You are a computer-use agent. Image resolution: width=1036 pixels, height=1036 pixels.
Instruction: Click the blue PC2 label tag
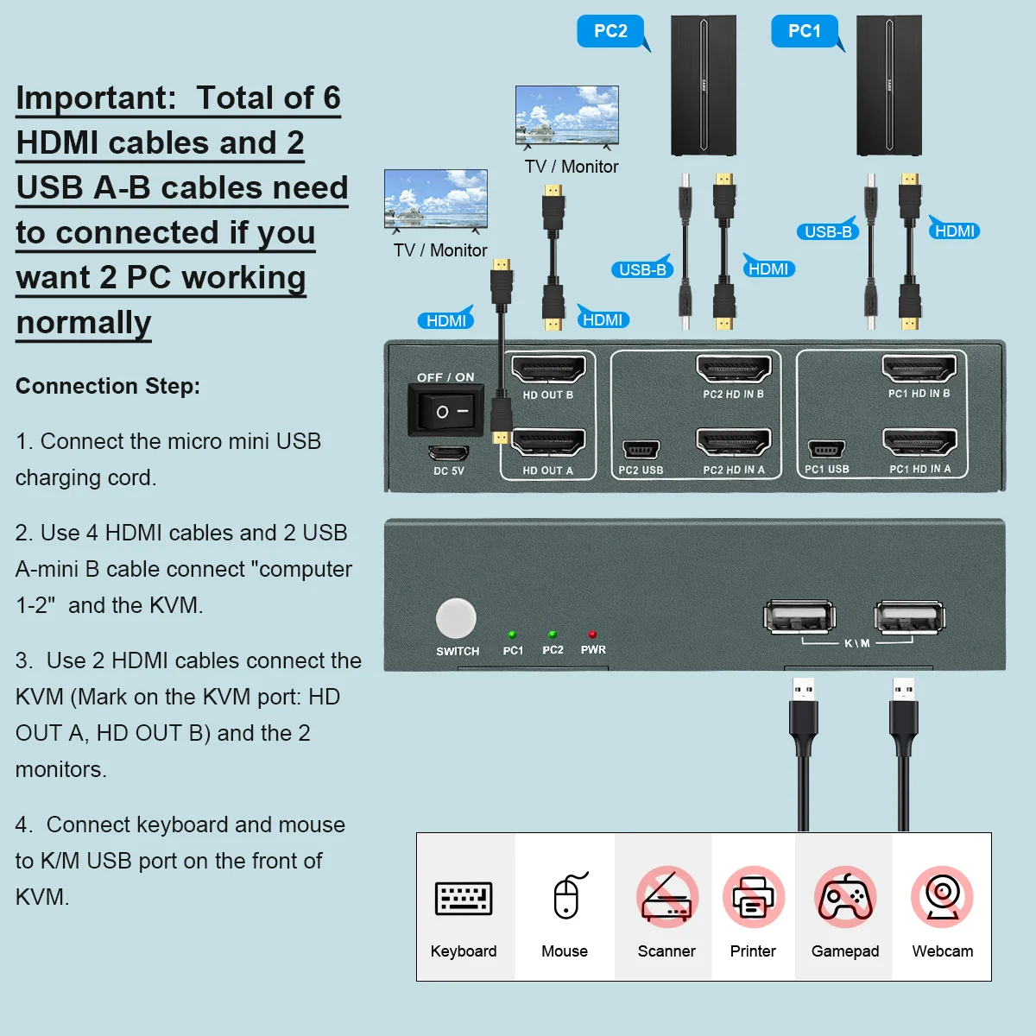(610, 31)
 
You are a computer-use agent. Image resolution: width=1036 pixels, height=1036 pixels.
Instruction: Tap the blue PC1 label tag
(804, 31)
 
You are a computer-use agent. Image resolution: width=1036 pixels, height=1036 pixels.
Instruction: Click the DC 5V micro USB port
(449, 452)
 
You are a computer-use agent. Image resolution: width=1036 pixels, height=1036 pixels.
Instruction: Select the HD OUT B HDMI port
(548, 370)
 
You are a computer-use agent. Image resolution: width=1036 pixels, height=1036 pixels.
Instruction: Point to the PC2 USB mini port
(641, 450)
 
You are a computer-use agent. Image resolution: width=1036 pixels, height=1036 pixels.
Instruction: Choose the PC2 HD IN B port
(733, 370)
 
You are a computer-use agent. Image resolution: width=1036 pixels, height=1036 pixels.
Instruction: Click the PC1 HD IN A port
(919, 443)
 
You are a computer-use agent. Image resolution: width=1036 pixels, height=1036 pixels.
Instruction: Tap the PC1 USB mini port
(826, 450)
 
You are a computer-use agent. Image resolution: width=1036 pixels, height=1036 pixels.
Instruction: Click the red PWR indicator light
(592, 635)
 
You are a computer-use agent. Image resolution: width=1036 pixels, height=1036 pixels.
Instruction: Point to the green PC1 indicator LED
(512, 635)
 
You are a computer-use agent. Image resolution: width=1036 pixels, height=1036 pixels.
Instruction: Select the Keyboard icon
(464, 899)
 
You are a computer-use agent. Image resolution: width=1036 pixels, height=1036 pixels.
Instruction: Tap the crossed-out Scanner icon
(666, 897)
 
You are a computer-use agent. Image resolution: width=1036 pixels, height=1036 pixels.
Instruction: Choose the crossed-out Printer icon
(753, 897)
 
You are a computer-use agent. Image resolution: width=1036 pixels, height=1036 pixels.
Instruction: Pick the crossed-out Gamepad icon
(845, 897)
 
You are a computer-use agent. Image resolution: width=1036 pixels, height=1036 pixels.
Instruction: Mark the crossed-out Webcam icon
(942, 897)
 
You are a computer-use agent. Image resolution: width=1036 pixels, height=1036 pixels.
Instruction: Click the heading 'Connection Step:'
(108, 386)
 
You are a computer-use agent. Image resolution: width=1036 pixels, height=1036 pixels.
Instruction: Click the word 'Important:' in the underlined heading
(96, 98)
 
